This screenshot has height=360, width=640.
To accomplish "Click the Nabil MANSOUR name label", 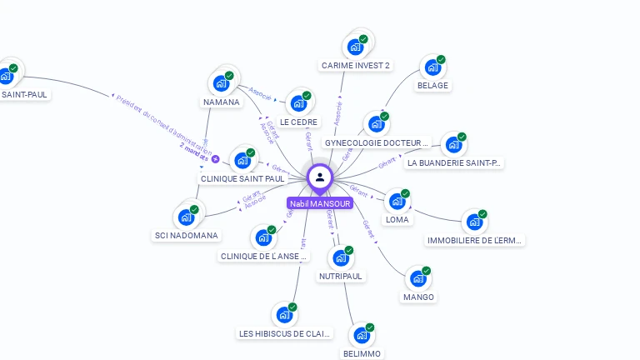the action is (x=319, y=203).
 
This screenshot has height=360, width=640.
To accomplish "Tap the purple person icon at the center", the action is (x=319, y=177).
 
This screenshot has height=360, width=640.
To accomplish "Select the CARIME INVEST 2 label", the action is (x=355, y=65).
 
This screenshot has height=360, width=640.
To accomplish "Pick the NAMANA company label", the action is (x=221, y=102).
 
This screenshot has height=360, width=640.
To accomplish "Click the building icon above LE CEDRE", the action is (x=297, y=104).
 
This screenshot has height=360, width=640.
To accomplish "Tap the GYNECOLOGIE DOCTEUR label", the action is (x=376, y=143).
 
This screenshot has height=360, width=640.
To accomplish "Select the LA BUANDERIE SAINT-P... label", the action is (x=454, y=163).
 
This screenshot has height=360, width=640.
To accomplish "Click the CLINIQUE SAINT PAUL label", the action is (x=242, y=178).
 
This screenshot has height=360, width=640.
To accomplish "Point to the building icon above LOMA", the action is (x=397, y=202).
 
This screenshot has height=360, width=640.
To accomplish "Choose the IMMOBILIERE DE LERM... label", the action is (x=475, y=241).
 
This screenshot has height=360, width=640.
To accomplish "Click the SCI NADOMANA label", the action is (x=187, y=236).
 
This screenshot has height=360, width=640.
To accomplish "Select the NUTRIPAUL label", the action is (x=341, y=276).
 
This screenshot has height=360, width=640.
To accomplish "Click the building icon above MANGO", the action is (x=417, y=279).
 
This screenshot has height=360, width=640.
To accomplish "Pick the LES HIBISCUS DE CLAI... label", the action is (x=285, y=334).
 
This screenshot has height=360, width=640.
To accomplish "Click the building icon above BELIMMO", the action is (x=362, y=336).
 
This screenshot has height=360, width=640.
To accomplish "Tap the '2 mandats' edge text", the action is (x=193, y=147).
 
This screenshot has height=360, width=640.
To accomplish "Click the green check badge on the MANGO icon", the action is (x=427, y=271).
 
